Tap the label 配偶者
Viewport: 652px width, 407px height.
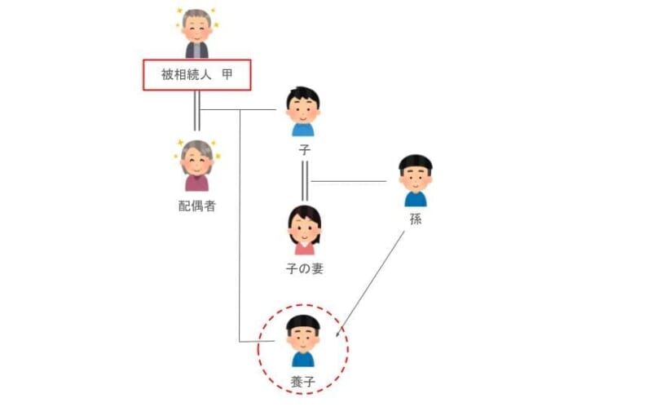197,206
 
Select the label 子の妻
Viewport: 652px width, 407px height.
305,269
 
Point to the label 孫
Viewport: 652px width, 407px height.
416,219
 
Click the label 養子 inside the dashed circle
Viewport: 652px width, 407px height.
302,382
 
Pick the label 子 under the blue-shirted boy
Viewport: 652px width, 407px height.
304,150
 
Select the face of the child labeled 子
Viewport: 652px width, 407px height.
303,111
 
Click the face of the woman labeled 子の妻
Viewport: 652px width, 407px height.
305,231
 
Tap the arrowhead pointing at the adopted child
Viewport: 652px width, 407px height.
338,332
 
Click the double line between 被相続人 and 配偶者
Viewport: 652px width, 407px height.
197,111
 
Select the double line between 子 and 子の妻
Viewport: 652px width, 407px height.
305,181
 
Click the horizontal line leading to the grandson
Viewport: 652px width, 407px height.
349,181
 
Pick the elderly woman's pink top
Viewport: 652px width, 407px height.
197,183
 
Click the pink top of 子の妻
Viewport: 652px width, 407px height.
305,249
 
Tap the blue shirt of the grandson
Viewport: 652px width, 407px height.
416,199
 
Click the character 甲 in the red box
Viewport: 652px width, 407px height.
227,75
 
